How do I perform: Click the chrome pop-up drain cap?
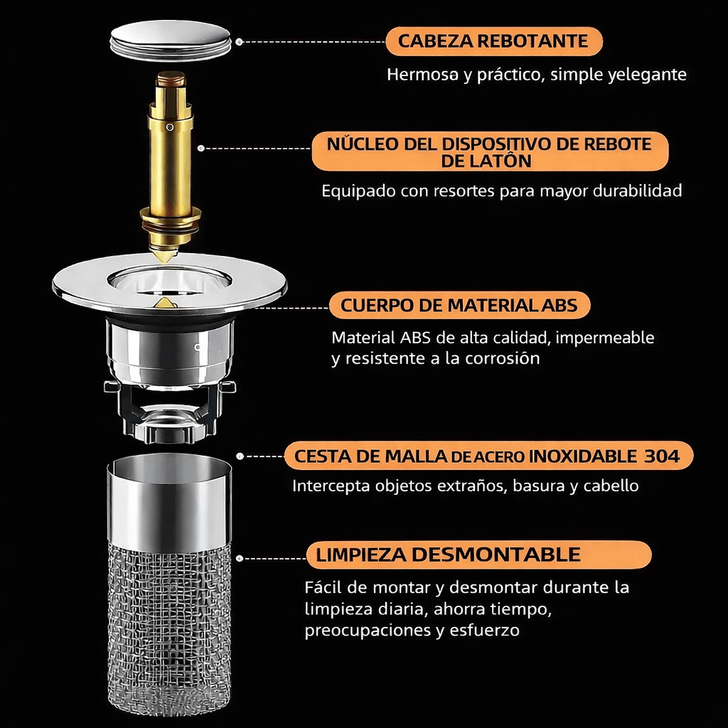coord(171,41)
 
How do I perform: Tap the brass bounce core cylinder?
coord(171,158)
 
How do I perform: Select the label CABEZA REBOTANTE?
coord(493,41)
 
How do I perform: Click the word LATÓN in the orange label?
coord(486,161)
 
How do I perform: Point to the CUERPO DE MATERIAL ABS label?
coord(459,305)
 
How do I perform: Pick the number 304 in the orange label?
coord(662,456)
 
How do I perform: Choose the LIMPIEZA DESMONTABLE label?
coord(478,555)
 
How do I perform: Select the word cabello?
coord(611,486)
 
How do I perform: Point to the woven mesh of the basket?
coord(169,627)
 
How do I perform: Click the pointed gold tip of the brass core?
coord(164,257)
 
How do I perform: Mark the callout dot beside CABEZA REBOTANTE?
coord(239,42)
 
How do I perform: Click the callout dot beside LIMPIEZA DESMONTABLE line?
coord(240,558)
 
